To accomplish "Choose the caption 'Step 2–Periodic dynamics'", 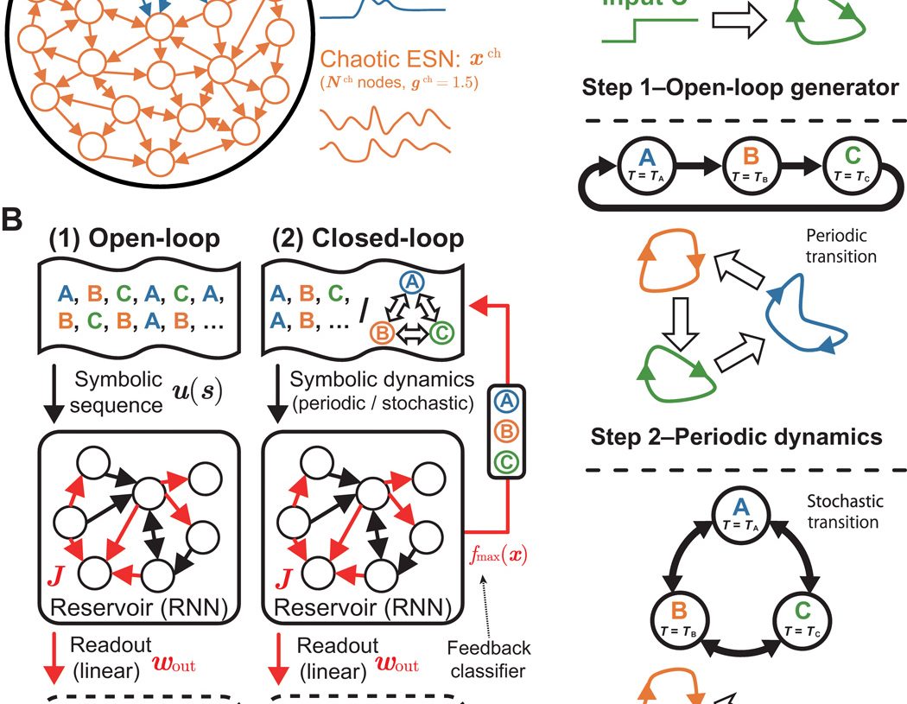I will pos(737,436).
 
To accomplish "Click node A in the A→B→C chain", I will pos(644,162).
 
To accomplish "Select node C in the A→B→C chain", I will pos(848,162).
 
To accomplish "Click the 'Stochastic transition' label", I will pos(843,511).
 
